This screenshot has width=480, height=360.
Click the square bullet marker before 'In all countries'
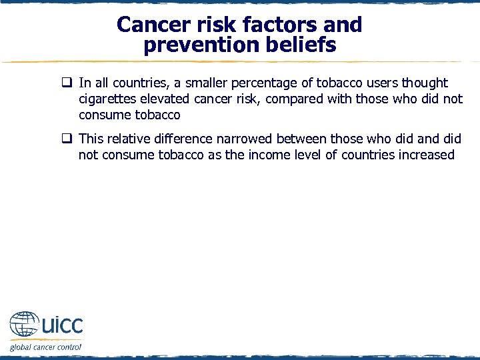67,83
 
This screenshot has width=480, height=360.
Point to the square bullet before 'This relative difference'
67,139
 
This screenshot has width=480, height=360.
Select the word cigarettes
108,99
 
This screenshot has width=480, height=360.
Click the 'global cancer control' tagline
45,347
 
